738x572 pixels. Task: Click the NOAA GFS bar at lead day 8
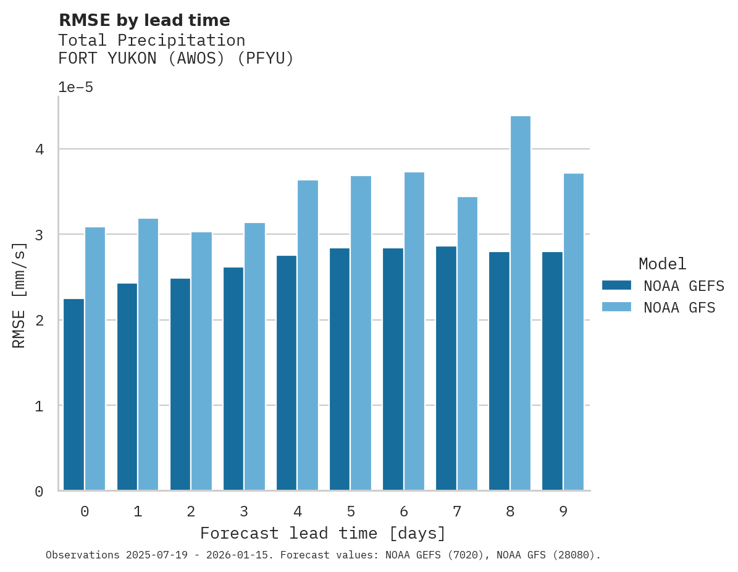pos(520,303)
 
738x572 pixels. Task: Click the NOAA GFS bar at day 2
pos(201,361)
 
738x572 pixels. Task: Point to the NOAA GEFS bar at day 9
pos(552,371)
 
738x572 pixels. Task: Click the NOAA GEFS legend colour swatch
pos(616,285)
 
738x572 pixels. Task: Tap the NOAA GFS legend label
pos(679,308)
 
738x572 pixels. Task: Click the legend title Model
pos(662,264)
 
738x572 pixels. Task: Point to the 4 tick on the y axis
pos(39,149)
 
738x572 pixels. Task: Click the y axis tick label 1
pos(39,406)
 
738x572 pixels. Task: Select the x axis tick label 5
pos(351,511)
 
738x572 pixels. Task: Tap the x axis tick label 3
pos(244,511)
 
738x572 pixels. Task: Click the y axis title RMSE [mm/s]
pos(20,295)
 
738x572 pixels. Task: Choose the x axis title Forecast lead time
pos(322,533)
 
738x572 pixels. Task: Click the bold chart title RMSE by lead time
pos(144,20)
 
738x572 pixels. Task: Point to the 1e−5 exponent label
pos(75,88)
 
